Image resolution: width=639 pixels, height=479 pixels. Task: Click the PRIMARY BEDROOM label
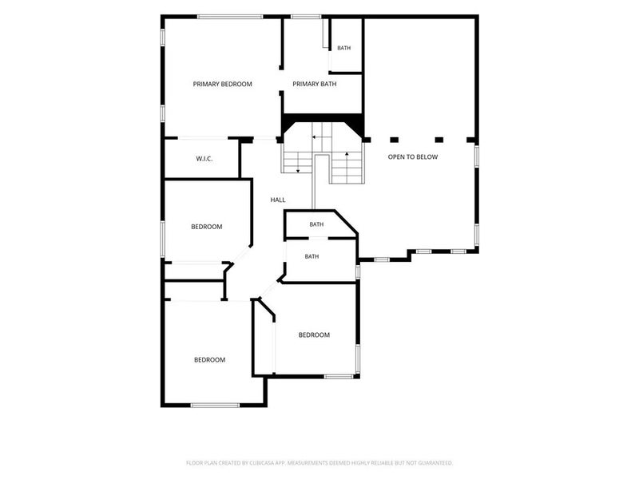coord(223,85)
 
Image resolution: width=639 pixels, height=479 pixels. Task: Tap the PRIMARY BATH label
coord(315,85)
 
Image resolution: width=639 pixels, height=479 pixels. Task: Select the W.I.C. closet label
coord(204,159)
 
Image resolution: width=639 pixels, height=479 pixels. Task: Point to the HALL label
coord(278,200)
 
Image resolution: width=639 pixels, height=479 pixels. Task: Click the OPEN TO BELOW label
coord(413,156)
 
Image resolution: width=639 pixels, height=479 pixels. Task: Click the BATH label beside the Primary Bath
coord(344,48)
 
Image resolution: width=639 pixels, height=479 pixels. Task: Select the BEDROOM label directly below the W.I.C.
coord(207,227)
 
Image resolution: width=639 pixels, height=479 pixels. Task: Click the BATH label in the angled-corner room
coord(316,224)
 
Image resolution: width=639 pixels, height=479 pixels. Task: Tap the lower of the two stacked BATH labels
coord(312,256)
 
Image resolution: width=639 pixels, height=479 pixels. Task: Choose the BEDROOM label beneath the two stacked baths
coord(314,335)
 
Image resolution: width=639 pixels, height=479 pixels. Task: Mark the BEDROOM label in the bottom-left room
coord(209,360)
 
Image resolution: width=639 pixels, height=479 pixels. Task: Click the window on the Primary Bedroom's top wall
coord(230,17)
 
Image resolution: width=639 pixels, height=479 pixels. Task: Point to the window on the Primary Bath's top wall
coord(306,17)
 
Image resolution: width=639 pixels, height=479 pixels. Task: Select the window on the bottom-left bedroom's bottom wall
coord(215,406)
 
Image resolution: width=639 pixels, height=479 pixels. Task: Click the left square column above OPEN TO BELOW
coord(394,140)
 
